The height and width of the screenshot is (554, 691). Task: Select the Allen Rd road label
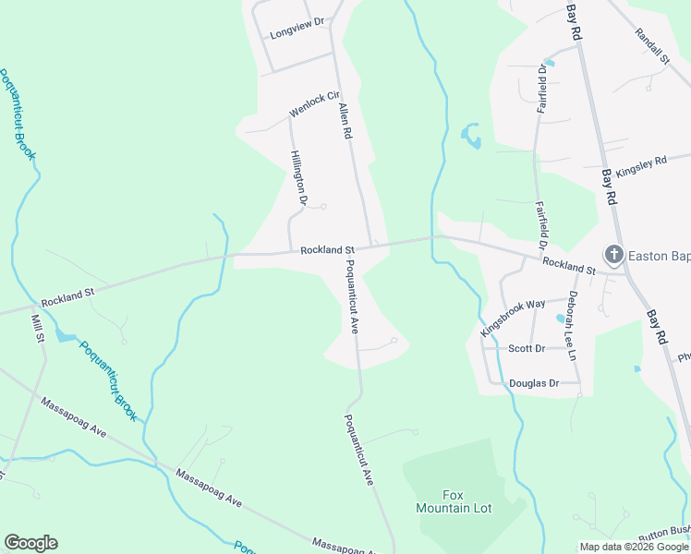(x=346, y=121)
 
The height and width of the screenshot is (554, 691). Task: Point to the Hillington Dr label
(x=298, y=177)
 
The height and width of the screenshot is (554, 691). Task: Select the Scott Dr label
(x=527, y=349)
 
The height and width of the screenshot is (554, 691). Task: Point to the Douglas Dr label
(x=534, y=383)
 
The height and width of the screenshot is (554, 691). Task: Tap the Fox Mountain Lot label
(x=454, y=501)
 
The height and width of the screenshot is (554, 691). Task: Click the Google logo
(x=30, y=543)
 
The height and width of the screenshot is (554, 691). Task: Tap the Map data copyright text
(x=633, y=547)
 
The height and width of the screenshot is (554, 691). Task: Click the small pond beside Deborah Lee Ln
(x=560, y=319)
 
